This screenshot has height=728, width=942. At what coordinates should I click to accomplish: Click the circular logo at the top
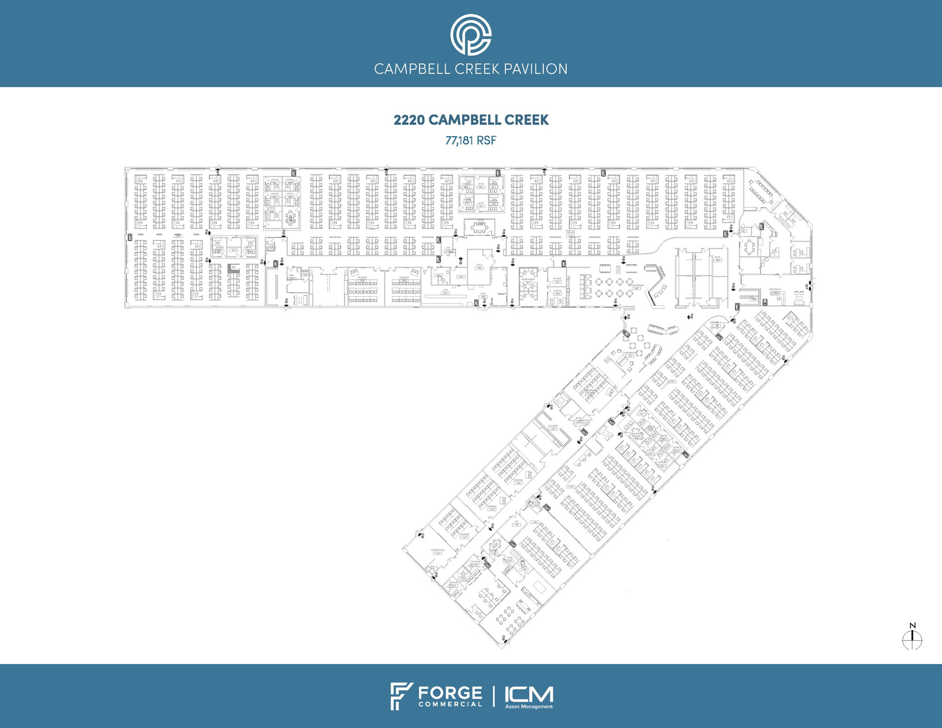coord(471,34)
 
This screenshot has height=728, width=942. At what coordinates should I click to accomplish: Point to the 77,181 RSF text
coord(471,140)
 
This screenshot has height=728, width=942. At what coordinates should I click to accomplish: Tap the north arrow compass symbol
coord(912,639)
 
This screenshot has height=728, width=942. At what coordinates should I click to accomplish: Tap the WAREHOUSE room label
coord(437,550)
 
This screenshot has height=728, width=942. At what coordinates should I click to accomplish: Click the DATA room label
coord(479,265)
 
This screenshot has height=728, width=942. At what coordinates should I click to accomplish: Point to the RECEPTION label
coord(775,289)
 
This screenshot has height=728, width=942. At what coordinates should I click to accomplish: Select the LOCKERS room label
coord(552,426)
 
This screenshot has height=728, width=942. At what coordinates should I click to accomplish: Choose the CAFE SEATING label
coord(629,353)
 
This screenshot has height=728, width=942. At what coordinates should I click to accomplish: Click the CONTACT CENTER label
coord(570,232)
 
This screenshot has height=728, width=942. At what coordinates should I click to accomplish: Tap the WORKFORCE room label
coord(528,279)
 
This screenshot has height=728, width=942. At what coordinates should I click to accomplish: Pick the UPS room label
coord(445,291)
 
